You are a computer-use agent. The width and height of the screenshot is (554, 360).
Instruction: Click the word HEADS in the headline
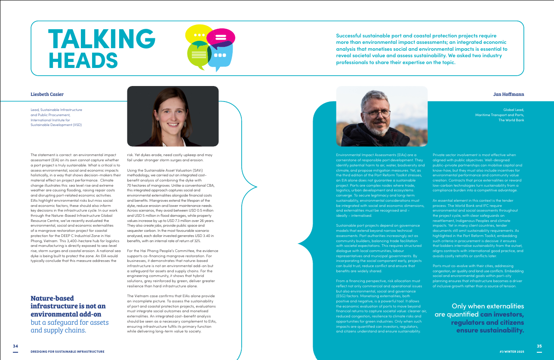83,60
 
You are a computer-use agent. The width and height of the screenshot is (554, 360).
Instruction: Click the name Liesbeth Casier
47,94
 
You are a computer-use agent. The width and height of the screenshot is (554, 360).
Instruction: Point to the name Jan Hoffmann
508,94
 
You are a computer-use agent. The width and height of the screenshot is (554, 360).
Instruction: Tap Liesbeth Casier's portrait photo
172,116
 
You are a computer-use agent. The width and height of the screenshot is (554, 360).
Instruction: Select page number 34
15,346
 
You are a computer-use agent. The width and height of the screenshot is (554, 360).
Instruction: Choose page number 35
539,346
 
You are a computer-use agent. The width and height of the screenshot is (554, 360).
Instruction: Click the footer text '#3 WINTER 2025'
511,351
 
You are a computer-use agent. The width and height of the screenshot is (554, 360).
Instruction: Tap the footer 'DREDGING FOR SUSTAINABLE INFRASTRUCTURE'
68,351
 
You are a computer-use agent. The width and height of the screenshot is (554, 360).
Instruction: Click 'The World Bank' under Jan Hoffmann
511,120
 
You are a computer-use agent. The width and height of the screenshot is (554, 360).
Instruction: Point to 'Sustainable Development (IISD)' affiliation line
56,125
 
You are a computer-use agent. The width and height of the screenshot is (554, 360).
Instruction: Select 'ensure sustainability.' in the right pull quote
490,330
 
